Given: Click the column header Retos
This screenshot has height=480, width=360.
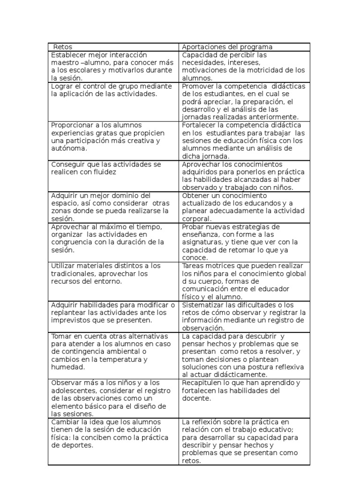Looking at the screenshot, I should [63, 47].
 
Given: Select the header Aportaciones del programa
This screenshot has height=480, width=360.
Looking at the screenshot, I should [227, 47].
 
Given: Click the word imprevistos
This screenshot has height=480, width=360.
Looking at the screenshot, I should [70, 320].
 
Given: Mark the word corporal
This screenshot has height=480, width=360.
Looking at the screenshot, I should [196, 218].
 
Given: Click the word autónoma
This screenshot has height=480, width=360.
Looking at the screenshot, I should [69, 149].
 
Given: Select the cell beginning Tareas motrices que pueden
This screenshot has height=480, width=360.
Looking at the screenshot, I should [244, 281].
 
